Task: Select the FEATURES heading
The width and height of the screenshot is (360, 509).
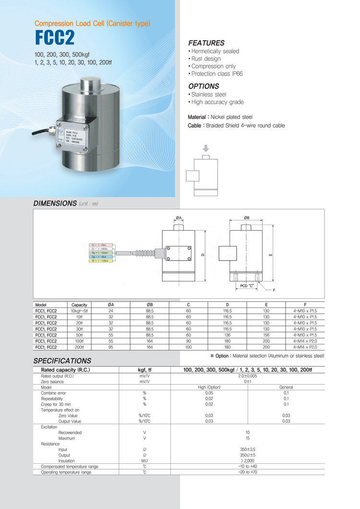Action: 206,43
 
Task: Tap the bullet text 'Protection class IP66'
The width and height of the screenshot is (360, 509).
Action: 217,74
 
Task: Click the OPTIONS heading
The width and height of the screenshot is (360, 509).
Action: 204,86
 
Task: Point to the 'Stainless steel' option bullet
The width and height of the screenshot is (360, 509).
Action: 208,95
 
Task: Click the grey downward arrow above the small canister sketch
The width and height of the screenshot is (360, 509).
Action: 206,149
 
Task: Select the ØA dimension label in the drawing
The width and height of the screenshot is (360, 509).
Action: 179,218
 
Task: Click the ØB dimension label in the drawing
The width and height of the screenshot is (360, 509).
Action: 247,218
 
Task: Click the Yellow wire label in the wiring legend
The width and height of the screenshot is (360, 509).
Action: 101,260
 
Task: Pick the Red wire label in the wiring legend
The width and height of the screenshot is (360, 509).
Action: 101,245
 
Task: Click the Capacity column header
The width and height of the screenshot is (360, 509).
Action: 79,305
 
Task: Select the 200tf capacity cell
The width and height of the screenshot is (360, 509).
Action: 79,346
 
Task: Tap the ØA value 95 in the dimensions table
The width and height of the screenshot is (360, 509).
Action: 111,346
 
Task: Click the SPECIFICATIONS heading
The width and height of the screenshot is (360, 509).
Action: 62,360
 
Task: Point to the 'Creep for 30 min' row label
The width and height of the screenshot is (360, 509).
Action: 56,404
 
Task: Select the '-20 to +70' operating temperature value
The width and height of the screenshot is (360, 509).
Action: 248,472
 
